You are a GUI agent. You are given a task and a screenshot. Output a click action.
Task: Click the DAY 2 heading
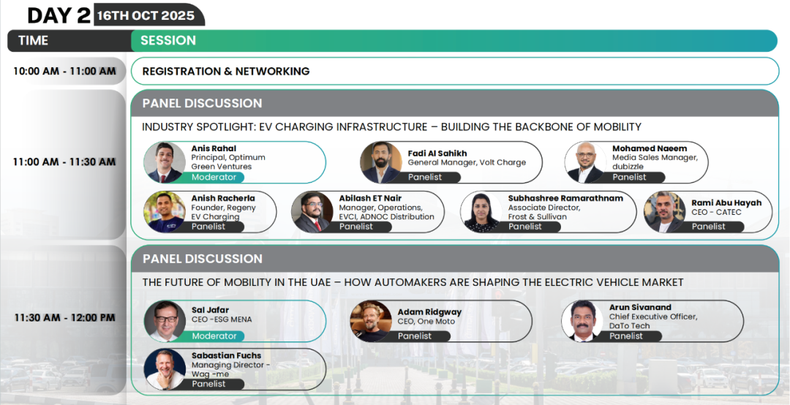pyautogui.click(x=59, y=15)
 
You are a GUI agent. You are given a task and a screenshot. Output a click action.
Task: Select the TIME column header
pyautogui.click(x=33, y=41)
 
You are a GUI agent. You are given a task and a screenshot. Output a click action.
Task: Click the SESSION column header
pyautogui.click(x=168, y=41)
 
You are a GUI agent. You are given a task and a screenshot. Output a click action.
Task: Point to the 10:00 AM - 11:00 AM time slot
pyautogui.click(x=64, y=71)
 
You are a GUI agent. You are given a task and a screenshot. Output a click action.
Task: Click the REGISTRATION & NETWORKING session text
pyautogui.click(x=226, y=71)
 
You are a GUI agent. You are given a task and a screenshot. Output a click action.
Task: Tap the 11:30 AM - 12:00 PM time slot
pyautogui.click(x=64, y=318)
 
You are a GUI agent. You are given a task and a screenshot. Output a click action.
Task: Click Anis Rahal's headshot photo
pyautogui.click(x=165, y=162)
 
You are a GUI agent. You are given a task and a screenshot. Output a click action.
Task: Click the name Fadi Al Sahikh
pyautogui.click(x=437, y=153)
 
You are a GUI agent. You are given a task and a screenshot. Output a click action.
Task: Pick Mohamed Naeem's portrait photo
pyautogui.click(x=585, y=162)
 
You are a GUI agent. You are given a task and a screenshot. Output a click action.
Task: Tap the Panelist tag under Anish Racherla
pyautogui.click(x=208, y=227)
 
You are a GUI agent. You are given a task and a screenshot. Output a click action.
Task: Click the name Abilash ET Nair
pyautogui.click(x=370, y=198)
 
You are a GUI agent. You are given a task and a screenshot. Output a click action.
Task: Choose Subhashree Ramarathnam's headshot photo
pyautogui.click(x=481, y=211)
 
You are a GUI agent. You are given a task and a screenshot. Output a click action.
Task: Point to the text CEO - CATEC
pyautogui.click(x=716, y=212)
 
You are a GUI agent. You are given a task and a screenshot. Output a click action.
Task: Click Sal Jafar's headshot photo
pyautogui.click(x=165, y=321)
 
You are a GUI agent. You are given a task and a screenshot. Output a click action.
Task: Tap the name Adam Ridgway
pyautogui.click(x=429, y=312)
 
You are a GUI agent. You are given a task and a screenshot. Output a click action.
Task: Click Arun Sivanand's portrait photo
pyautogui.click(x=582, y=321)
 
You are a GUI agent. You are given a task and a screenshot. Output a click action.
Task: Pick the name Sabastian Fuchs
pyautogui.click(x=227, y=355)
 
